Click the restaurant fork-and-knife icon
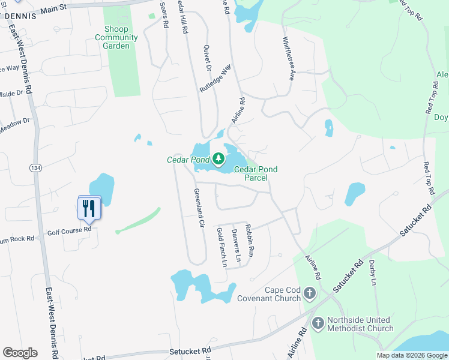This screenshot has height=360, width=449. click(89, 208)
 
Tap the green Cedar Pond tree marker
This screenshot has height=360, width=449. click(218, 159)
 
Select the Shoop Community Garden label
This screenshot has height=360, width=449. click(116, 37)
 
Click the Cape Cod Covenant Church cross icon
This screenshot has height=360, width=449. click(309, 293)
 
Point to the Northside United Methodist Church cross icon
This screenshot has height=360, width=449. click(318, 323)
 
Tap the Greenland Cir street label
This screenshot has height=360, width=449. click(197, 207)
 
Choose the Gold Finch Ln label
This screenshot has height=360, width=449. click(221, 247)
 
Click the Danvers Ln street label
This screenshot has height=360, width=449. click(236, 246)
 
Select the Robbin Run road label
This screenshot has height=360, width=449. click(250, 240)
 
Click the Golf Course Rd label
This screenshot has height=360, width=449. click(70, 229)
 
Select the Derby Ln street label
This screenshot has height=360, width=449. click(373, 271)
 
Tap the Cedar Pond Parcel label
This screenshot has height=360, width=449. click(256, 173)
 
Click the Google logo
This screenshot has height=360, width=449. click(20, 353)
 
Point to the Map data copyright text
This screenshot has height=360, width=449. click(411, 355)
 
